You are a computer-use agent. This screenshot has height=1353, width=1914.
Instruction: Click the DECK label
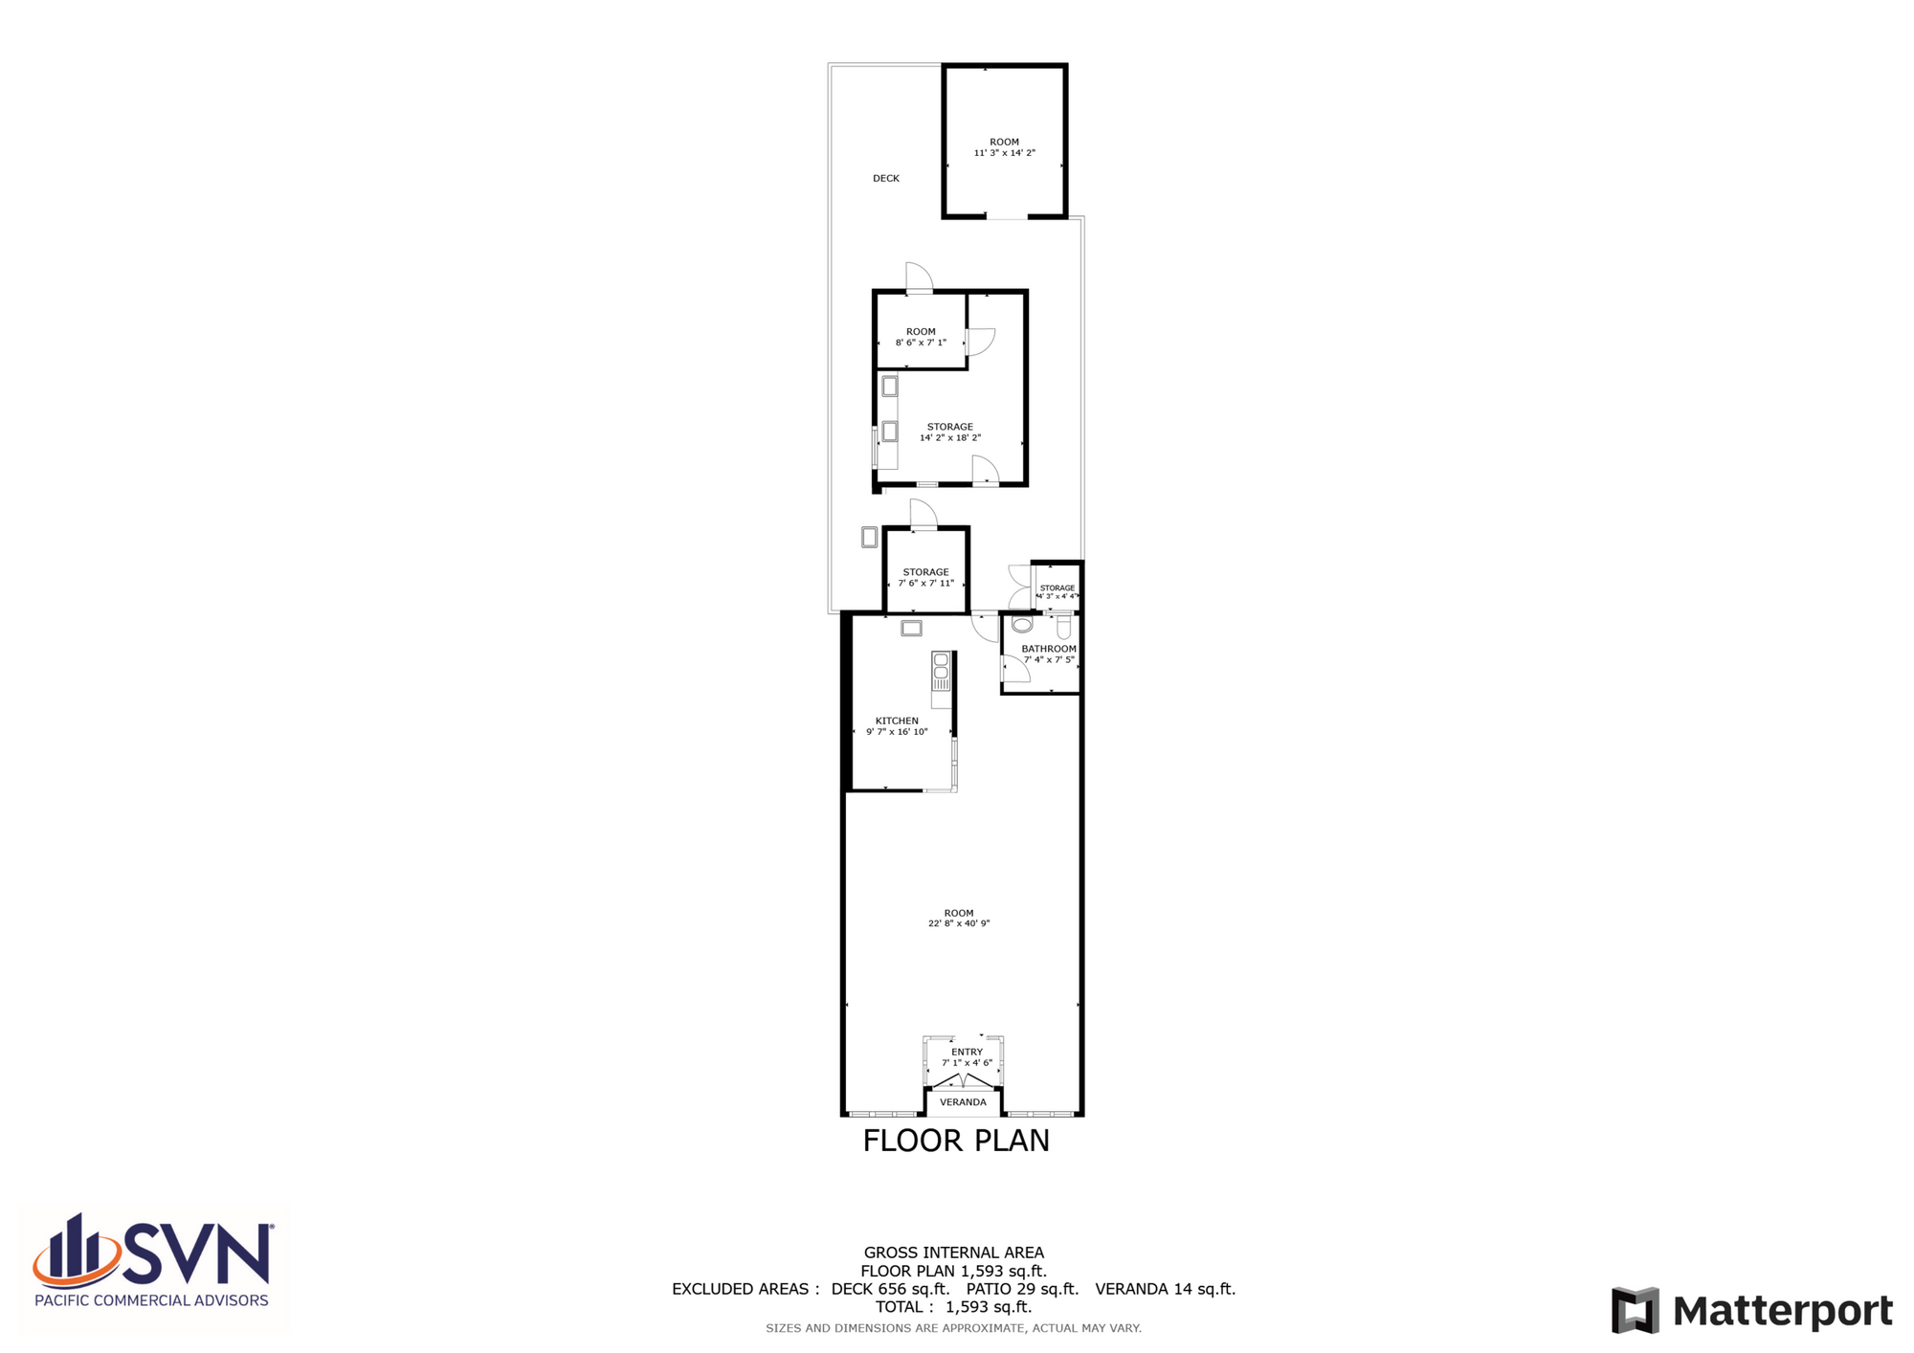886,178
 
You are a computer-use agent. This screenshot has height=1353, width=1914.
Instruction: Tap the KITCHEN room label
897,721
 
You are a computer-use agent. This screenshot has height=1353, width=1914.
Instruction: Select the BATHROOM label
1049,649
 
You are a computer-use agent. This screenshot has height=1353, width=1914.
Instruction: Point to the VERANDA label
963,1102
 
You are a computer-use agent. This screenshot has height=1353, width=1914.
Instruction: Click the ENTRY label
967,1052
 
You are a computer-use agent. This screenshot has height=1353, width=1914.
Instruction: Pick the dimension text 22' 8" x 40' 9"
959,923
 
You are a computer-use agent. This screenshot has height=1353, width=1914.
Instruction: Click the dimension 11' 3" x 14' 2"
1005,153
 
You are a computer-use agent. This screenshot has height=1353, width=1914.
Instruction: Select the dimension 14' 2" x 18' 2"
950,437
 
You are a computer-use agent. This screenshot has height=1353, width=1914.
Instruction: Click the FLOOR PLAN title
956,1141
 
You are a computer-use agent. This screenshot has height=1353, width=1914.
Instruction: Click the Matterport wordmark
1783,1311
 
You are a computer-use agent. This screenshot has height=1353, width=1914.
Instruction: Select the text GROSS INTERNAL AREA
954,1253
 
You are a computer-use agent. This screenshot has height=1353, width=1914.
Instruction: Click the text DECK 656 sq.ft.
890,1289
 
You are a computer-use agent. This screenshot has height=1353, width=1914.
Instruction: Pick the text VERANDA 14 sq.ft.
1165,1289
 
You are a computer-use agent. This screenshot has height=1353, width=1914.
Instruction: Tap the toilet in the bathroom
1063,628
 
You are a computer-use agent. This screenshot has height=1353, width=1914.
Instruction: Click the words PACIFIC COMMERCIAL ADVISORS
151,1300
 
